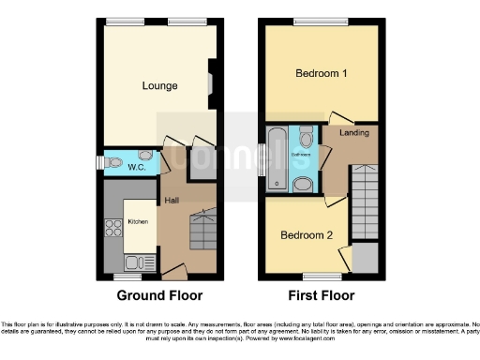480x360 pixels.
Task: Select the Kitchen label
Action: click(x=138, y=222)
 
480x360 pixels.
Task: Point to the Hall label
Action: click(x=172, y=201)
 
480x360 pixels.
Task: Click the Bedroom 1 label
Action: click(x=322, y=73)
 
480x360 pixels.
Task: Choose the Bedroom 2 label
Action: click(x=304, y=235)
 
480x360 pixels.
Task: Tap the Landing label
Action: click(x=353, y=134)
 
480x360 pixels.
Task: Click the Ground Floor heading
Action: click(x=159, y=295)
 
